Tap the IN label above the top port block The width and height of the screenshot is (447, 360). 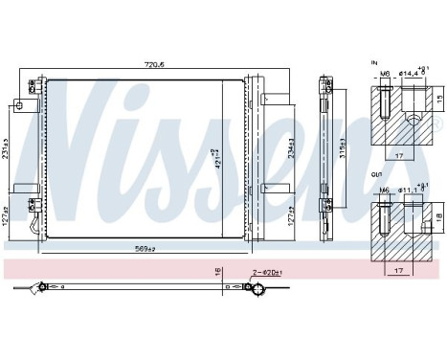click(x=373, y=63)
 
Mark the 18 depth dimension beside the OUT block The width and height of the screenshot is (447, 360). click(x=439, y=216)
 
